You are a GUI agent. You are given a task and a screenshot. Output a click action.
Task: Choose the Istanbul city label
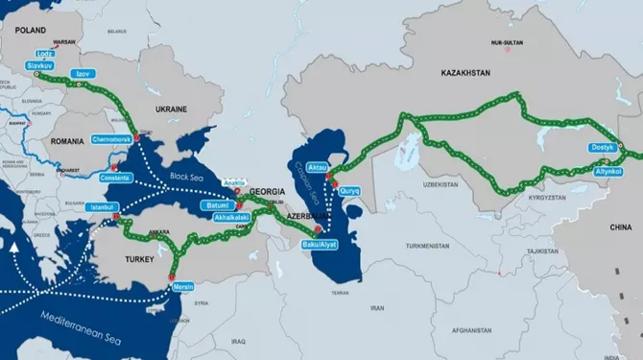pos(101,206)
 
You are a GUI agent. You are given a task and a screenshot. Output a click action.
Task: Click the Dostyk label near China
pos(603,148)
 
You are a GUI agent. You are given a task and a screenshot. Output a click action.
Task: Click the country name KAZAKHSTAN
pos(467,73)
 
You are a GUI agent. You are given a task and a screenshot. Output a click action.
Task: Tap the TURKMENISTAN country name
pos(427,246)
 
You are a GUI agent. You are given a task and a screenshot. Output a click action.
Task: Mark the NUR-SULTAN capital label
pos(508,43)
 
